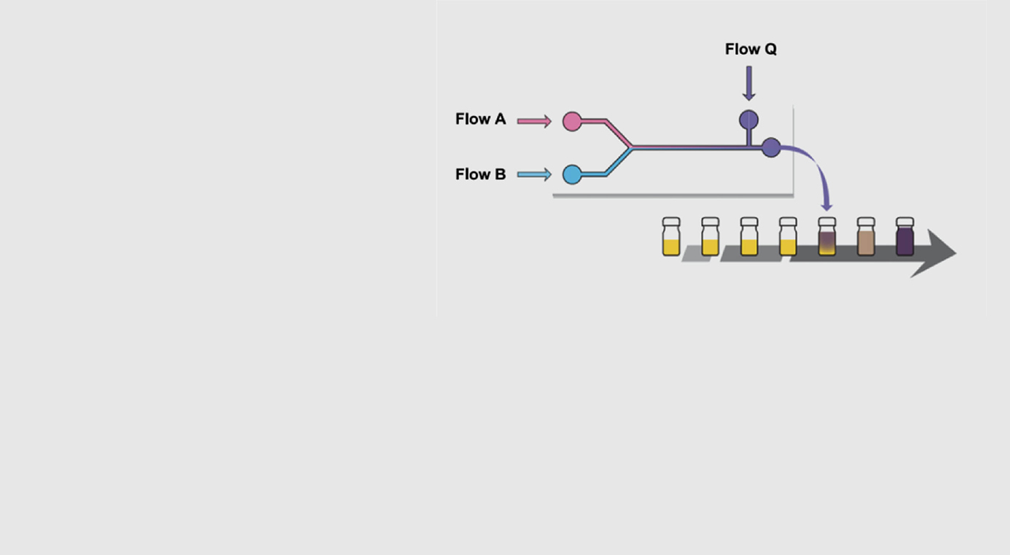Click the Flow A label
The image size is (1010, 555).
tap(480, 119)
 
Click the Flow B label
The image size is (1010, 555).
tap(480, 174)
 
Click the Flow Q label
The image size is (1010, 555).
tap(751, 49)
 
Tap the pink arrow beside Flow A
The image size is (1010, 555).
tap(534, 121)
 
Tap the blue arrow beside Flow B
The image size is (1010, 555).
tap(534, 174)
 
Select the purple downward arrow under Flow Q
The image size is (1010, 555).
tap(749, 83)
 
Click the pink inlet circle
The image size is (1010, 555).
tap(572, 121)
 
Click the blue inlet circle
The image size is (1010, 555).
tap(572, 174)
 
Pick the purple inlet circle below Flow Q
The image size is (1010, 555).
tap(749, 120)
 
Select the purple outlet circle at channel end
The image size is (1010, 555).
tap(771, 147)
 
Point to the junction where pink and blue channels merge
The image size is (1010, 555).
tap(631, 147)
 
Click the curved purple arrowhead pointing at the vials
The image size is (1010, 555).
tap(826, 206)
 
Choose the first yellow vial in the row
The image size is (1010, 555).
tap(671, 236)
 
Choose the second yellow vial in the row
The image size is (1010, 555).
tap(710, 236)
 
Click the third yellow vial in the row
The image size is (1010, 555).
tap(749, 236)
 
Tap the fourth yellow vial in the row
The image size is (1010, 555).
tap(788, 236)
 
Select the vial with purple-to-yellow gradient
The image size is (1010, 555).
tap(827, 236)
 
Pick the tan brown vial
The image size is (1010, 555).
tap(866, 236)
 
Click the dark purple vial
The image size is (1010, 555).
tap(905, 236)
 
